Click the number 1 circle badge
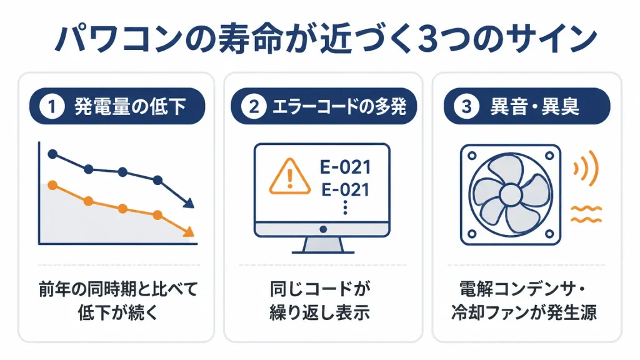(x=52, y=106)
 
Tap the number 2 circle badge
(x=254, y=106)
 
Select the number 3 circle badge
(x=466, y=106)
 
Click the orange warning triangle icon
(x=290, y=177)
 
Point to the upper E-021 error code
(x=345, y=167)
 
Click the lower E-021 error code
(x=345, y=190)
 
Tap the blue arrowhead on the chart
(x=189, y=203)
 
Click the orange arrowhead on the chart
(x=189, y=232)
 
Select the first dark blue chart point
(x=52, y=154)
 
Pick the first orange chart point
(x=52, y=185)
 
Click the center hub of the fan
(x=511, y=195)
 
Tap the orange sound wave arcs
(x=586, y=168)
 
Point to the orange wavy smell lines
(x=586, y=215)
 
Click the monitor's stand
(x=323, y=246)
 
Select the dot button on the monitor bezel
(x=323, y=229)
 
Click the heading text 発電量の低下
(x=130, y=106)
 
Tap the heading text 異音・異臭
(x=535, y=106)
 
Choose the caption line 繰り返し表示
(x=319, y=312)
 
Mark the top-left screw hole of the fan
(x=472, y=156)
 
